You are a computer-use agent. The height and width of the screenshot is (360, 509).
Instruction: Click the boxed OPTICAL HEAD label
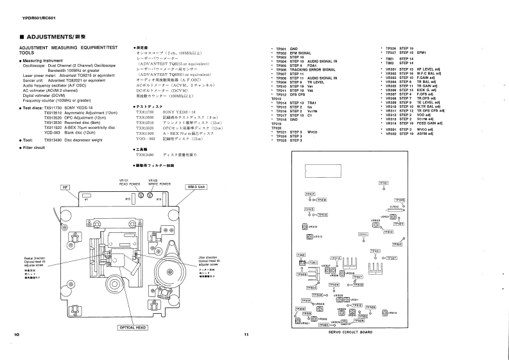pos(135,327)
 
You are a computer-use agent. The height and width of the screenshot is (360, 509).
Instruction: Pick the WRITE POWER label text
pos(155,182)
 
